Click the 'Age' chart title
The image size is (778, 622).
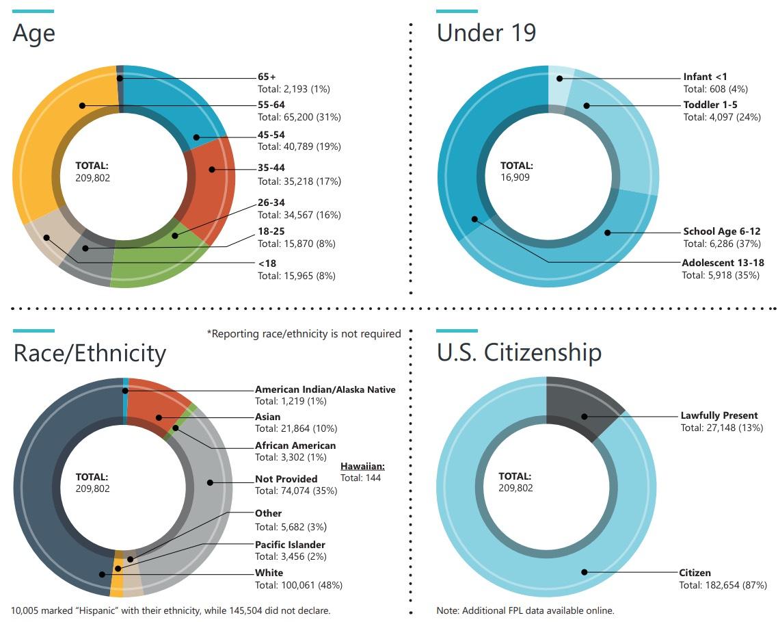pyautogui.click(x=34, y=33)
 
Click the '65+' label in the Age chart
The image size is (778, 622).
pyautogui.click(x=267, y=77)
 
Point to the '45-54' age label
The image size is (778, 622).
pyautogui.click(x=271, y=135)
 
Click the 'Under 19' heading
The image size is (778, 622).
pyautogui.click(x=486, y=33)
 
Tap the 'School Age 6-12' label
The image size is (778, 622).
pyautogui.click(x=722, y=231)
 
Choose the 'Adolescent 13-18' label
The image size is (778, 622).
pyautogui.click(x=723, y=263)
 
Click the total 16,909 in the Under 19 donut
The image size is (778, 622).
pyautogui.click(x=515, y=177)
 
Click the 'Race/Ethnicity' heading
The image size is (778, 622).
pyautogui.click(x=90, y=353)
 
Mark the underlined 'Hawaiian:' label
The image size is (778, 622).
pyautogui.click(x=362, y=466)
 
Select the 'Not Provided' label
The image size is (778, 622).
pyautogui.click(x=286, y=479)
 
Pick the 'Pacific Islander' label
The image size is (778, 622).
pyautogui.click(x=290, y=545)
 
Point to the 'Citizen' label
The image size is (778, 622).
pyautogui.click(x=695, y=573)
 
